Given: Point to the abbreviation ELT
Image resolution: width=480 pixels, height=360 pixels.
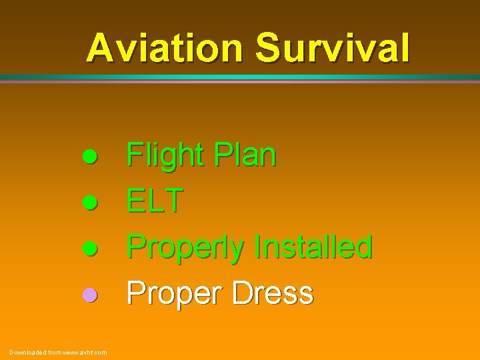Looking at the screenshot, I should click(x=154, y=201).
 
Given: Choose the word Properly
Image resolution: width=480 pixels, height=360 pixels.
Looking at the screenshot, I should click(x=186, y=248).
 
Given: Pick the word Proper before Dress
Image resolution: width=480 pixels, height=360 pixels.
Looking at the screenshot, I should click(x=172, y=294).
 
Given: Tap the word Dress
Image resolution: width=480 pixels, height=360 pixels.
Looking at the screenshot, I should click(x=272, y=293).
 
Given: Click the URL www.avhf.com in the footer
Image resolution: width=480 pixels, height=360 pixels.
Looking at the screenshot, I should click(x=85, y=352).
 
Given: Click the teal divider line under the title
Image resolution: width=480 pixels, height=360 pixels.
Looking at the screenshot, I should click(x=240, y=77).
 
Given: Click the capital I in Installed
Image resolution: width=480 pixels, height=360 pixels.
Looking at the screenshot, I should click(x=258, y=247).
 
